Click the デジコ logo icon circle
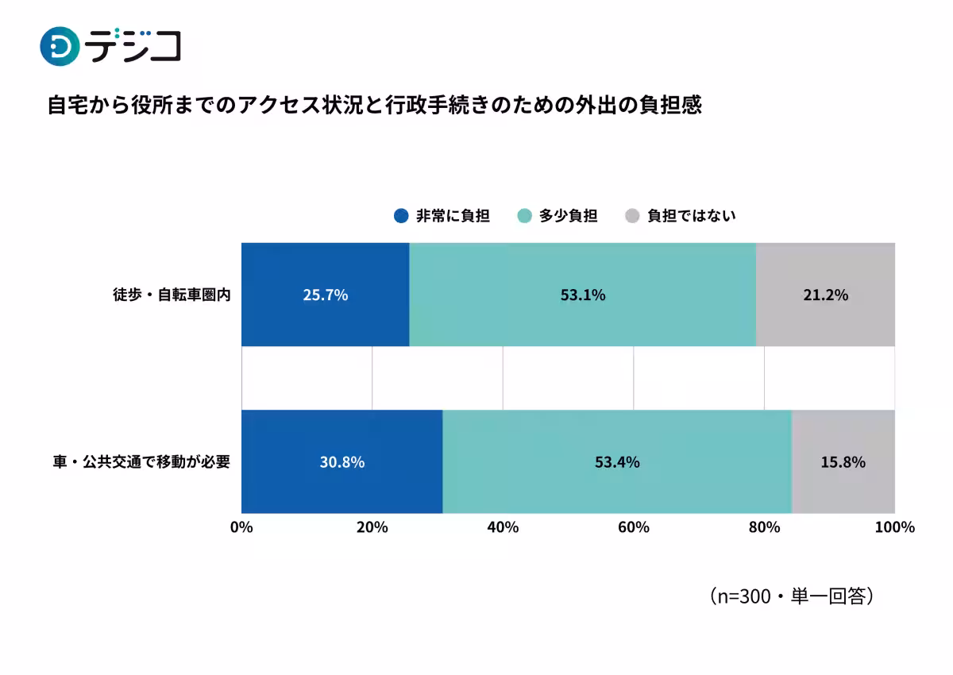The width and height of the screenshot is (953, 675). pos(60,46)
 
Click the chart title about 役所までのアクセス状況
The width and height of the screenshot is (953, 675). pos(375,106)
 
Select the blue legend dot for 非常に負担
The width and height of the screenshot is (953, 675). pos(401,216)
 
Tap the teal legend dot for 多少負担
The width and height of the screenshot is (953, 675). pos(524,216)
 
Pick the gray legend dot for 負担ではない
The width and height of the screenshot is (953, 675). pos(632,216)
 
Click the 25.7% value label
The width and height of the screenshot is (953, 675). pos(325,295)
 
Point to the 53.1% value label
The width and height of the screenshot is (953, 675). pos(582,295)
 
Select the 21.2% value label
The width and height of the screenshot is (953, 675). pos(825,295)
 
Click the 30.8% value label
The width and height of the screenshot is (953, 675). pos(341,461)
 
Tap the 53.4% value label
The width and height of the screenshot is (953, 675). pos(617,461)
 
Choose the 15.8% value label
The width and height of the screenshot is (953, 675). pos(843,461)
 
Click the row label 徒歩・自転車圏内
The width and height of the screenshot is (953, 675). pos(171,295)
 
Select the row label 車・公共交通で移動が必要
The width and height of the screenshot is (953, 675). pos(141,461)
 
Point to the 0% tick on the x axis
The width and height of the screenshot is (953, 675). pos(241,527)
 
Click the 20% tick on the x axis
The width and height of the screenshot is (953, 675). pos(372,527)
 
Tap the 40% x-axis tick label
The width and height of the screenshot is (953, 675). pos(503,527)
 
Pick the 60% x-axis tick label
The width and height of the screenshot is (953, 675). pos(634,527)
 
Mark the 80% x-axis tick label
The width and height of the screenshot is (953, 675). pos(764,527)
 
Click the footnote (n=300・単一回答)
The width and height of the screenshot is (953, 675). pos(791,596)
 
